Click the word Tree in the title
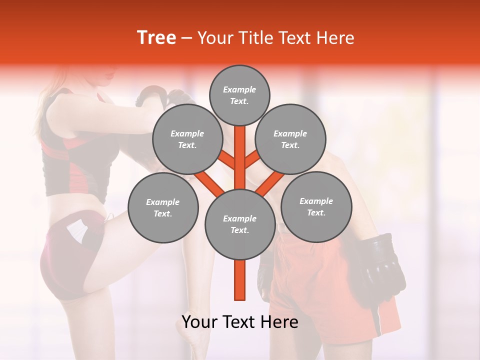tap(156, 38)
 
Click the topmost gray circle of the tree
tap(239, 95)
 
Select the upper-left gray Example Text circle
tap(187, 139)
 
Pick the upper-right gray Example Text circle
tap(290, 139)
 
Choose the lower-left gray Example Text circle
tap(163, 208)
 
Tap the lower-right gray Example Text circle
tap(316, 207)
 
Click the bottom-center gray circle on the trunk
tap(239, 224)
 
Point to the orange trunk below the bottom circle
tap(240, 280)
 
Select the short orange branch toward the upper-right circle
tap(252, 160)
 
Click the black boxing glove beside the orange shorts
tap(382, 265)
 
